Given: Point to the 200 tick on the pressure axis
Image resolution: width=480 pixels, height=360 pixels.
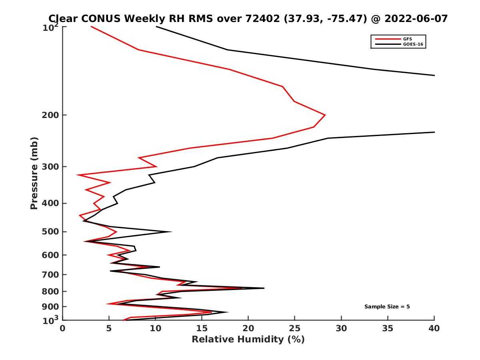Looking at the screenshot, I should coord(51,115).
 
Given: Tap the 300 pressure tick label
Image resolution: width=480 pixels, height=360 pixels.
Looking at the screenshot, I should coord(51,167).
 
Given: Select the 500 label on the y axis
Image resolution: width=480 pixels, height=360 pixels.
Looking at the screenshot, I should coord(51,232).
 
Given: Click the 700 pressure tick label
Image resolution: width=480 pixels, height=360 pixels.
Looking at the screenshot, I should coord(51,275).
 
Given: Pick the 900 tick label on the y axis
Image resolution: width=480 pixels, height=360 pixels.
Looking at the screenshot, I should coord(51,307).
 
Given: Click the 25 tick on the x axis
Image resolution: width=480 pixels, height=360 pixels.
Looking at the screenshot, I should coord(295,328).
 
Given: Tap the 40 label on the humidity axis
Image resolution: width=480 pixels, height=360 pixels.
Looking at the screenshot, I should coord(434,328).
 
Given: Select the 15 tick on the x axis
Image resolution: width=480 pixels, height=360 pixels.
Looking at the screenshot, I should coord(202,328).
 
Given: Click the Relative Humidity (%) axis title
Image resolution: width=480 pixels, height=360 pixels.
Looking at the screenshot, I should coord(248,340).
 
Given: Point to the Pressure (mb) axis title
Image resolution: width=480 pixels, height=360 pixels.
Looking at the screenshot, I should coord(34,173).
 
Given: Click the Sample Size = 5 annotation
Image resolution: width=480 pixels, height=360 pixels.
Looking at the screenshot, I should coord(387,307).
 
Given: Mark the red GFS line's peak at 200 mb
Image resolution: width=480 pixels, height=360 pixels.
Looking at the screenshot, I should coord(325,115).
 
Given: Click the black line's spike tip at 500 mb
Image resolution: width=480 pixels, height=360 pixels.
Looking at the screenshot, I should coord(172,232).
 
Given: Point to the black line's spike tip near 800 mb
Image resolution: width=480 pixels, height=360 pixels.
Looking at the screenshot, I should coord(264,288).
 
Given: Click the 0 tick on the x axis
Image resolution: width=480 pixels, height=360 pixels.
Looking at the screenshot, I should coord(63,328).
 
